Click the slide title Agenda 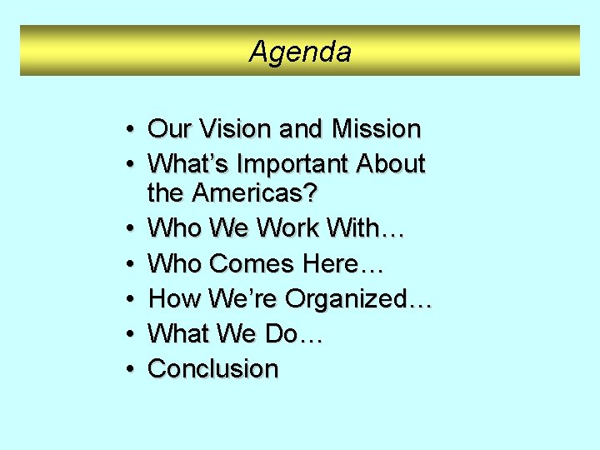point(300,52)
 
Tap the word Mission point(376,129)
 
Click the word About point(392,164)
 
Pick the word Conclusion point(212,368)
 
